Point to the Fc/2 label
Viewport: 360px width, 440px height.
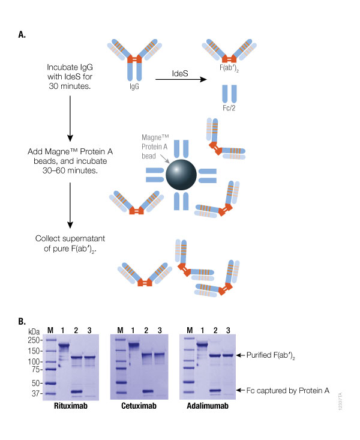tap(229, 110)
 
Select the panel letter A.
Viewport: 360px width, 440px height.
tap(22, 35)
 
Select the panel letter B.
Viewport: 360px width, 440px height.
tap(22, 321)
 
